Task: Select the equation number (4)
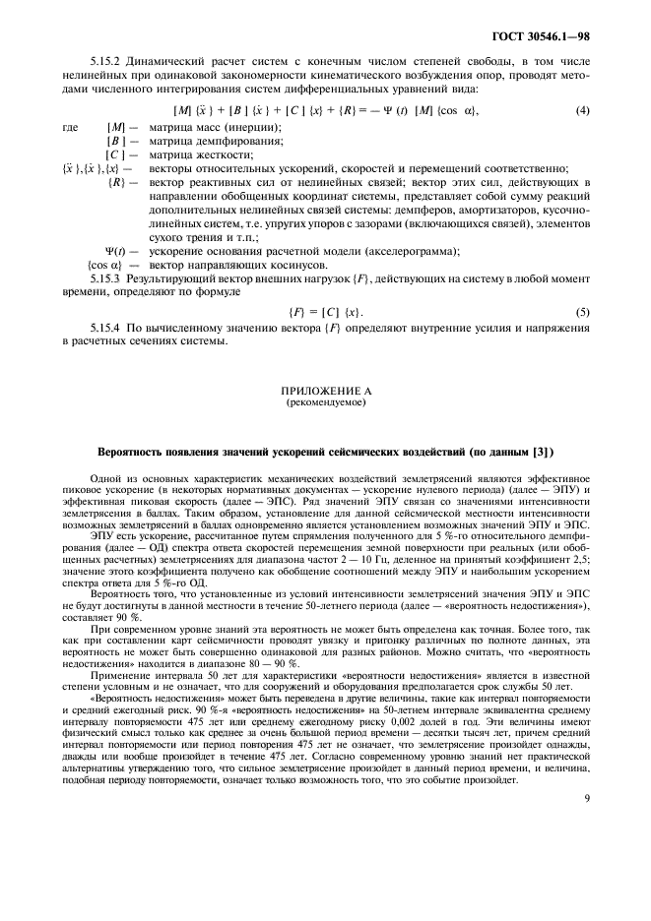coord(583,110)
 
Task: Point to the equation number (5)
coord(583,312)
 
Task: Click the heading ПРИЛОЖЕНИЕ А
coord(325,392)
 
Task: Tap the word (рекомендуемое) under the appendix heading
coord(325,403)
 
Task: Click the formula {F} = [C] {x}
coord(325,312)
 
